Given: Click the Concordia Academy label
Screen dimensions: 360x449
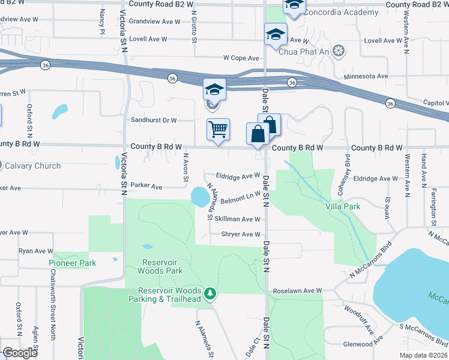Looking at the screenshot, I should pos(341,13).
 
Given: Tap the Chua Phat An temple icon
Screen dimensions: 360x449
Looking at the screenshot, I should pos(339,50).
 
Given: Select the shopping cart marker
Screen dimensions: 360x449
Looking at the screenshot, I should pos(218,129).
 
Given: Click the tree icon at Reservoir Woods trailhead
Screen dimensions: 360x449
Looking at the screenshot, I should pos(210,293).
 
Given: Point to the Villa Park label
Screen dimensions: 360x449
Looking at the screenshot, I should pos(347,207).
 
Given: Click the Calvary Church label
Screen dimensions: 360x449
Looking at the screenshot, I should pos(33,166).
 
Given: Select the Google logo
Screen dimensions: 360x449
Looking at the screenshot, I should pos(20,353).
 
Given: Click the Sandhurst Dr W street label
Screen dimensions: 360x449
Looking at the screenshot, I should pos(154,120).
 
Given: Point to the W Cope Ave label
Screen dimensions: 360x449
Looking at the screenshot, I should pos(241,58).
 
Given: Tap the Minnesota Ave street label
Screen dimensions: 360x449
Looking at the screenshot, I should pos(366,77).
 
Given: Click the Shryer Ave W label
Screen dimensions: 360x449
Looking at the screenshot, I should pos(241,235).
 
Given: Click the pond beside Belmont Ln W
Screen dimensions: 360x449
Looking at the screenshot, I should pos(197,196).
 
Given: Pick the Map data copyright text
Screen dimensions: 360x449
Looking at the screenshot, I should pos(423,355).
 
